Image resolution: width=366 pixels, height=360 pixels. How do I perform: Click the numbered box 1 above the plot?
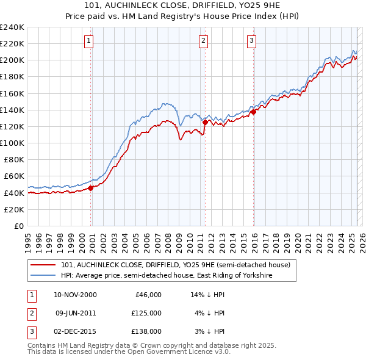click(89, 41)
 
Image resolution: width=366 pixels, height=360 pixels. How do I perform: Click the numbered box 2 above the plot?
click(203, 41)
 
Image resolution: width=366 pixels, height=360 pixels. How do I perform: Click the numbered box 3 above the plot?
click(251, 41)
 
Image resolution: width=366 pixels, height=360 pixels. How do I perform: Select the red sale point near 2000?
click(90, 188)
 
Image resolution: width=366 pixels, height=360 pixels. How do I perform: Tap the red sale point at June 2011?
click(204, 122)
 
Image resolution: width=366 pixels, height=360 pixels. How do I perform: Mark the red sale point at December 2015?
click(253, 112)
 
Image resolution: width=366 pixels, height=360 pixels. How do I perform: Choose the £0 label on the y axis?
click(20, 226)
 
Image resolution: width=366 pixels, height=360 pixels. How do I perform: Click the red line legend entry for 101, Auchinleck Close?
click(176, 265)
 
